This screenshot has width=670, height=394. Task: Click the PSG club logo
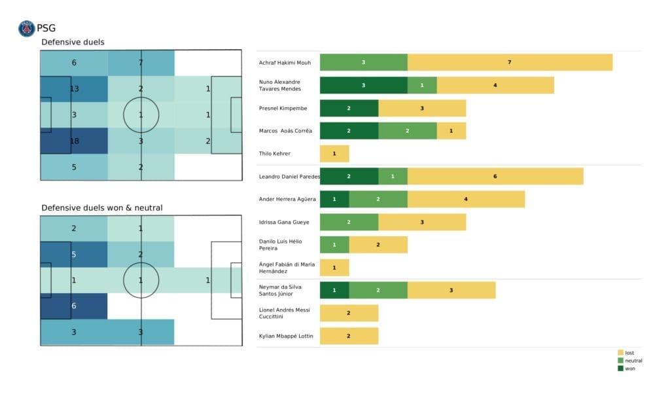(27, 28)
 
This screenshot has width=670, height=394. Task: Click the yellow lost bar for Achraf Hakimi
(510, 62)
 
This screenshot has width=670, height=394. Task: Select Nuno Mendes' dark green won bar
(363, 85)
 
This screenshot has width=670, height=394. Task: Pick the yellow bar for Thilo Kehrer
(334, 154)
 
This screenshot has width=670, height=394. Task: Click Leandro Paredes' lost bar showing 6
(495, 177)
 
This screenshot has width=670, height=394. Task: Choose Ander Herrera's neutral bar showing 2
(378, 199)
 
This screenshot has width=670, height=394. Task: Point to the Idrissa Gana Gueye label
(285, 222)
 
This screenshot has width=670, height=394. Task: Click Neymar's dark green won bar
(334, 291)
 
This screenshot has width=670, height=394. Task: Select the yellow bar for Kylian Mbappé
(349, 336)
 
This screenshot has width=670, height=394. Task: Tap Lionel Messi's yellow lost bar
(349, 313)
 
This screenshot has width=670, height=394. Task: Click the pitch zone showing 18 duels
(74, 141)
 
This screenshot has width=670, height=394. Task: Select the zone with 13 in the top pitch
(74, 89)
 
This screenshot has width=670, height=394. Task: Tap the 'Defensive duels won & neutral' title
(102, 207)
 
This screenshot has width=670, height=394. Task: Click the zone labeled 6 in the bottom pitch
(74, 306)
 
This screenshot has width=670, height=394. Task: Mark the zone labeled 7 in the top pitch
(141, 63)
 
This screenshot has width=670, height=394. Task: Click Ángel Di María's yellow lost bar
(334, 268)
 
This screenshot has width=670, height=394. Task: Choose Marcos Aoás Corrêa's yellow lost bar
(451, 131)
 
